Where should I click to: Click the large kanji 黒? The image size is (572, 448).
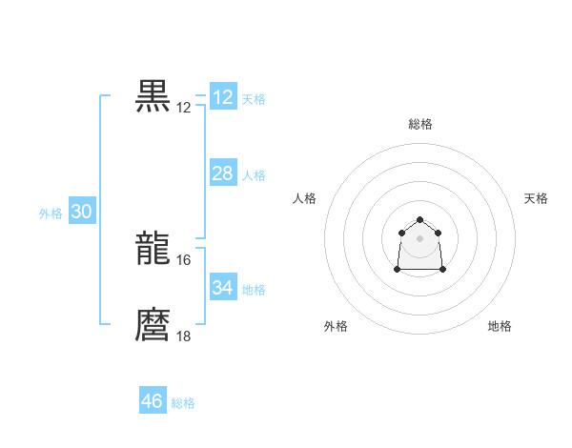(x=153, y=96)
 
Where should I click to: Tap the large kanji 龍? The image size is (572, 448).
(x=153, y=250)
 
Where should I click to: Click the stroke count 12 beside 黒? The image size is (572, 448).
(x=184, y=108)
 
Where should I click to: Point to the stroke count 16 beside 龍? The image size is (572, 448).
(x=184, y=260)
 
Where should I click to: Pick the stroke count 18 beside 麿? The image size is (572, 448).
(x=184, y=336)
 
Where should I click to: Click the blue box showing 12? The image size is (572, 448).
(x=223, y=97)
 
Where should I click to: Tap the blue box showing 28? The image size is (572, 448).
(x=223, y=173)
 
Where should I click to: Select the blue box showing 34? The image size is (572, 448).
(x=223, y=288)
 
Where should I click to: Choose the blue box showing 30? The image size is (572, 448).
(x=81, y=213)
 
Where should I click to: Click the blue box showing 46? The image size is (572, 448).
(x=153, y=401)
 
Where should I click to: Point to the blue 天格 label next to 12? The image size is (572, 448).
(x=254, y=99)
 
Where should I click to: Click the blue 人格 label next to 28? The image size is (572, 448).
(x=254, y=175)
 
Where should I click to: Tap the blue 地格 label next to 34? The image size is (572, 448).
(x=254, y=290)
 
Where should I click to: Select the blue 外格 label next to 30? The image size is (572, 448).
(x=51, y=214)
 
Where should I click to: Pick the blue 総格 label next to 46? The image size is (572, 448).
(x=183, y=403)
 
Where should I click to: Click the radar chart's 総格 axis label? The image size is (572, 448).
(x=420, y=124)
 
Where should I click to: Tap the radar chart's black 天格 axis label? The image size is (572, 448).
(x=536, y=198)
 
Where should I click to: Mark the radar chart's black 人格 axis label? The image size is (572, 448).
(x=305, y=198)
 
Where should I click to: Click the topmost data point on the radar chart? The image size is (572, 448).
(x=420, y=220)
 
